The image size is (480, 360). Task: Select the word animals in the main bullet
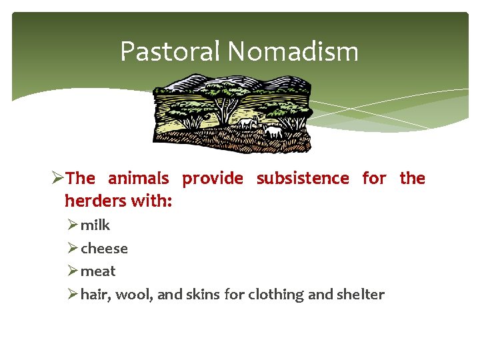(138, 179)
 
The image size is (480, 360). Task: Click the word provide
(213, 179)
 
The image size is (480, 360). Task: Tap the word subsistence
(303, 179)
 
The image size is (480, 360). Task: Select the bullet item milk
(95, 225)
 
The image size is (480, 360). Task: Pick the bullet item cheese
(104, 249)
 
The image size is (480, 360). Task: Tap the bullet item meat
(98, 271)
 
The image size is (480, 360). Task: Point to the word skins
(203, 294)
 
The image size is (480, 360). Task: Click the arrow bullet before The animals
(57, 179)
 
